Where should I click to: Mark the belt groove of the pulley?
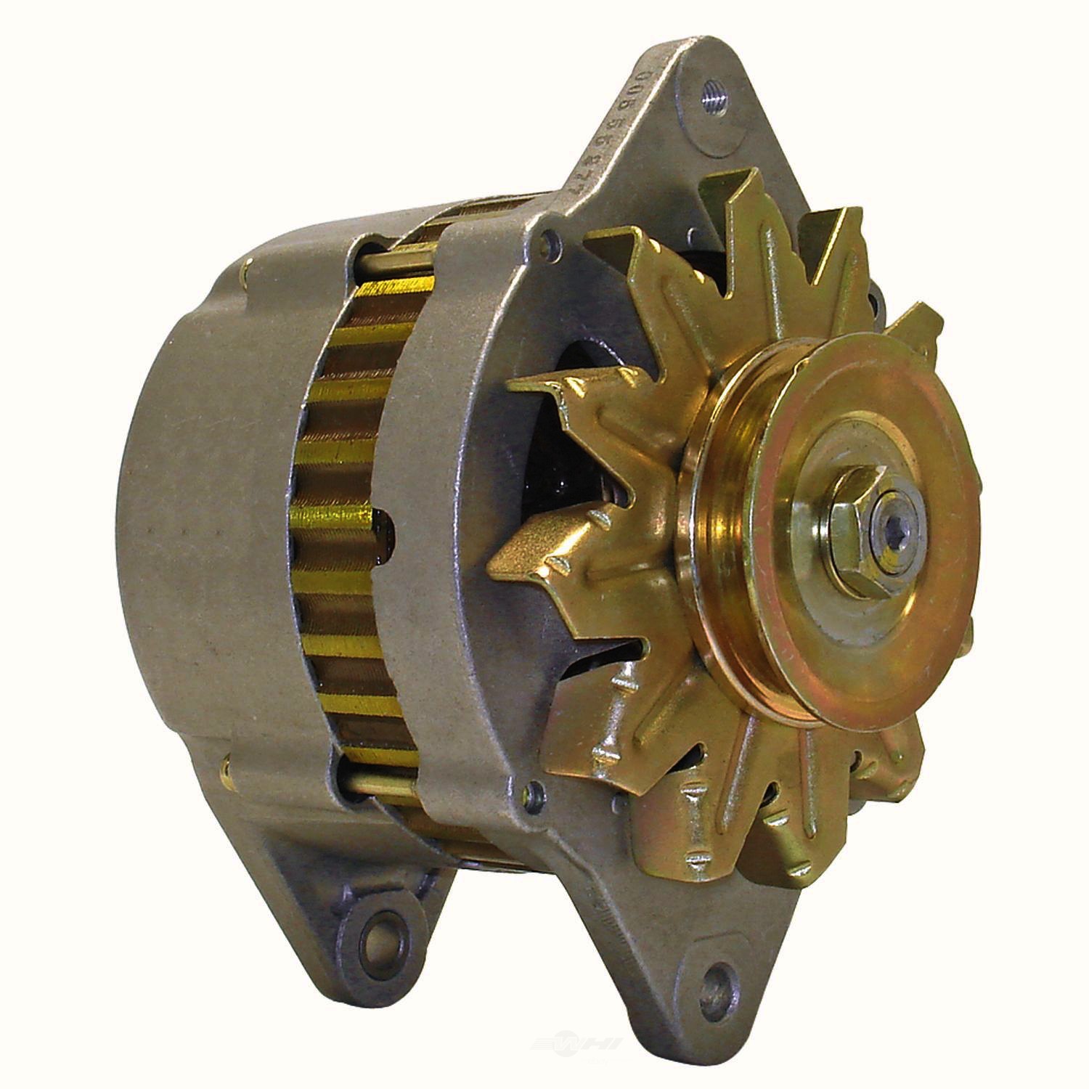708,552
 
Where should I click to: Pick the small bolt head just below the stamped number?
552,236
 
